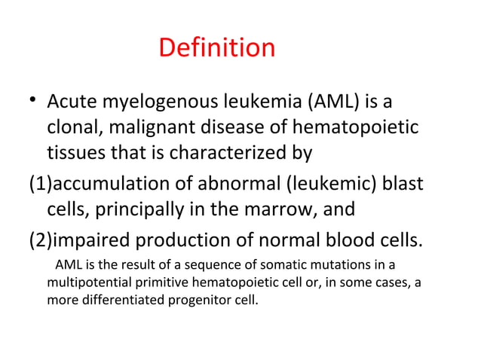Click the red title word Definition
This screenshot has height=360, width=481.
[x=217, y=49]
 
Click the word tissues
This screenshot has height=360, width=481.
[x=75, y=154]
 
